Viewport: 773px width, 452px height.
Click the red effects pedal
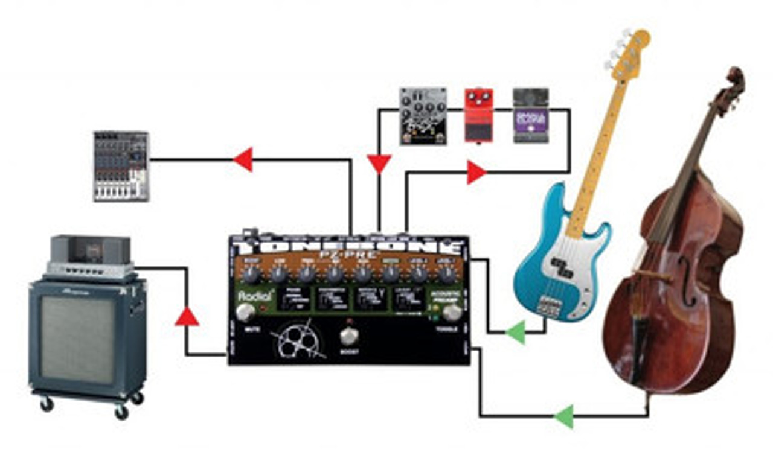tap(478, 115)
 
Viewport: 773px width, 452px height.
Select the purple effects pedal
tap(531, 116)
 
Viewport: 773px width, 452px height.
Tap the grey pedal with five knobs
tap(423, 116)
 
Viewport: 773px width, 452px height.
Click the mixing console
tap(121, 166)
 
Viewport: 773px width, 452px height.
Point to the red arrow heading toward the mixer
tap(243, 160)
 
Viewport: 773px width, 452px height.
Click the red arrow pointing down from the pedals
tap(379, 164)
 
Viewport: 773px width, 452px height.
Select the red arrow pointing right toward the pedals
tap(476, 173)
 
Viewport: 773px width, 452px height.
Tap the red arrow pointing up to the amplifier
tap(187, 316)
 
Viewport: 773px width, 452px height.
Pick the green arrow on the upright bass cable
tap(563, 416)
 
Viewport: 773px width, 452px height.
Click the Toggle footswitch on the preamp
tap(451, 312)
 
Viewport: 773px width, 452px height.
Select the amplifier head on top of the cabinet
tap(91, 256)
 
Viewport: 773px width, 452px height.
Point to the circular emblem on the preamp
tap(297, 341)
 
